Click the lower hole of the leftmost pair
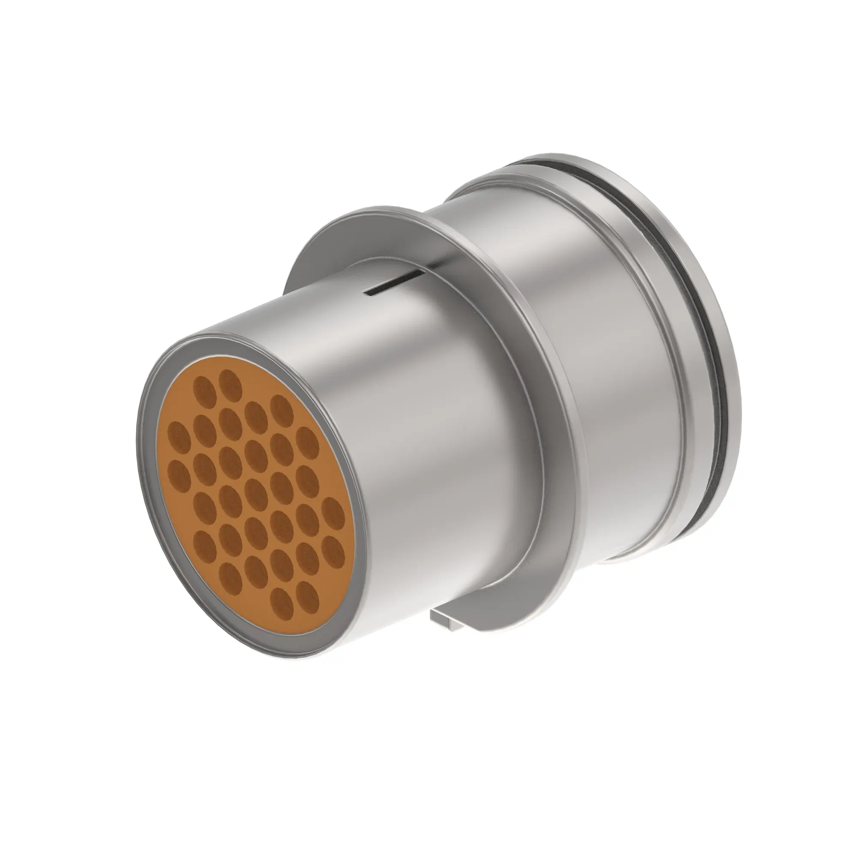(179, 472)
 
